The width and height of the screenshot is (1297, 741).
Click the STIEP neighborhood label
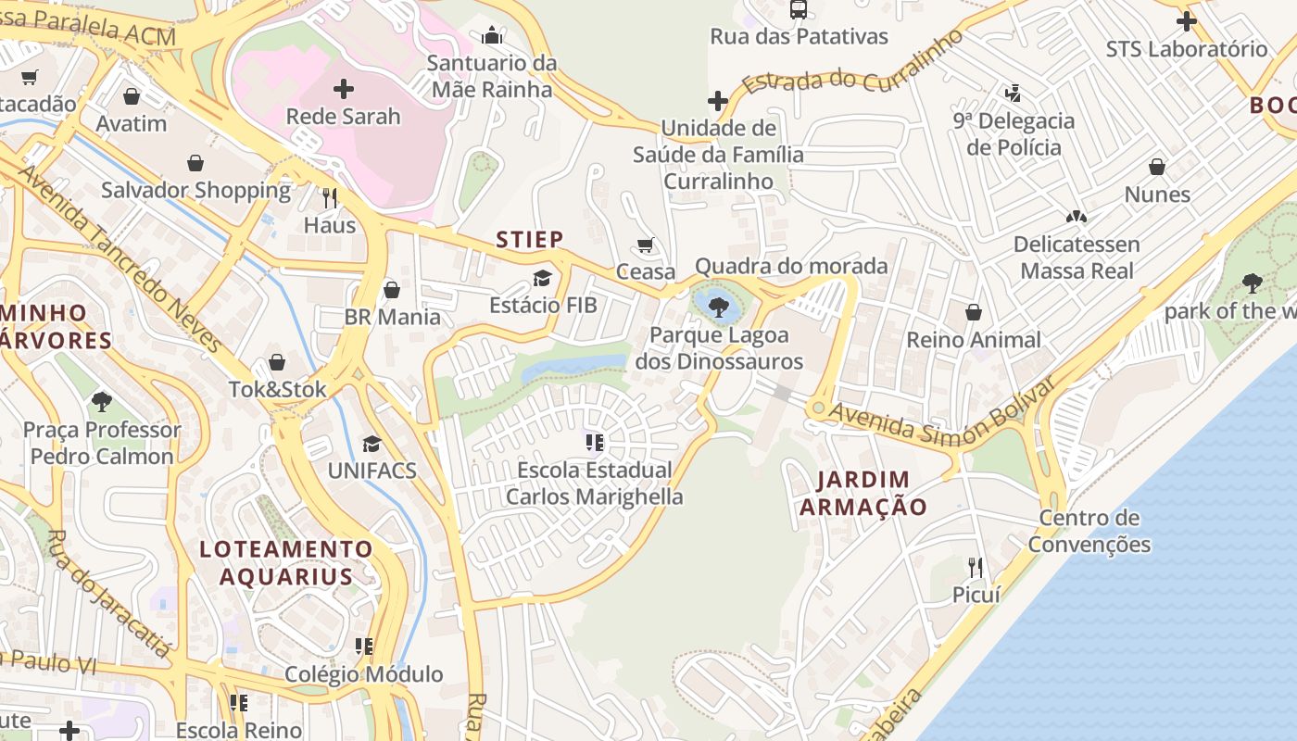[x=529, y=240]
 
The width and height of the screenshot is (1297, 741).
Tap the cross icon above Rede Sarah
[x=344, y=89]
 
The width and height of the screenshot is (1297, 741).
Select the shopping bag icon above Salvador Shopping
[x=195, y=164]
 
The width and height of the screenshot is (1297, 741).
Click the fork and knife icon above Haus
[x=329, y=197]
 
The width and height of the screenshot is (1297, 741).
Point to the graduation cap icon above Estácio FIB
[x=542, y=278]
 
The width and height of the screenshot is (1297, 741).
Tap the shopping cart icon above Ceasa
[x=646, y=245]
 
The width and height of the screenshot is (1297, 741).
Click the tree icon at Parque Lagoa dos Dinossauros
[x=718, y=308]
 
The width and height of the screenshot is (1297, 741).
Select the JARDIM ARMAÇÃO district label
[x=863, y=493]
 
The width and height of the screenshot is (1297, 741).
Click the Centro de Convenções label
[x=1089, y=531]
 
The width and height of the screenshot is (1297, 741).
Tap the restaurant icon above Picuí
[x=976, y=567]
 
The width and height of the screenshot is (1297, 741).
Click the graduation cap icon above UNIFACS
[x=371, y=444]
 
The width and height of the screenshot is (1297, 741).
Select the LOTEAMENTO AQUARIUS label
[x=286, y=562]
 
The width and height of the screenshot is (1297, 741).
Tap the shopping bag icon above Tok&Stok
[x=277, y=362]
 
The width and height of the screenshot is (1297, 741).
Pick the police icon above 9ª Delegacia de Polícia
[x=1014, y=94]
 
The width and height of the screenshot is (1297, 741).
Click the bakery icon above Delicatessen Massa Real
[x=1076, y=218]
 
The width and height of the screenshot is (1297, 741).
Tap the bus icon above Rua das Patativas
[x=798, y=10]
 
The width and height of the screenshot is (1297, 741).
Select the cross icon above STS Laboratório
[x=1186, y=21]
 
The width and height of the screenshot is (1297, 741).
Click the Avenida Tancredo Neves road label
[x=120, y=260]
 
